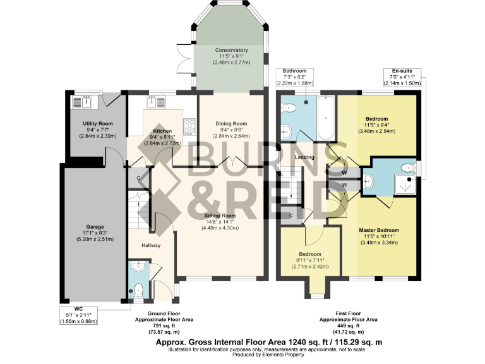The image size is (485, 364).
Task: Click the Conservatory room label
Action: click(231, 50)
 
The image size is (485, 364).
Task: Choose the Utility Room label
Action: click(97, 123)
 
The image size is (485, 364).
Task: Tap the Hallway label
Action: click(150, 245)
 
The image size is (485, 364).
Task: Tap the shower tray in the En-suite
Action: click(406, 183)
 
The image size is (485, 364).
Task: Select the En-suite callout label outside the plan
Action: click(402, 71)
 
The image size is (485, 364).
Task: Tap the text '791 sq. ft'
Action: click(163, 326)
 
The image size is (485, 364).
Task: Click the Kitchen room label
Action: click(162, 130)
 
